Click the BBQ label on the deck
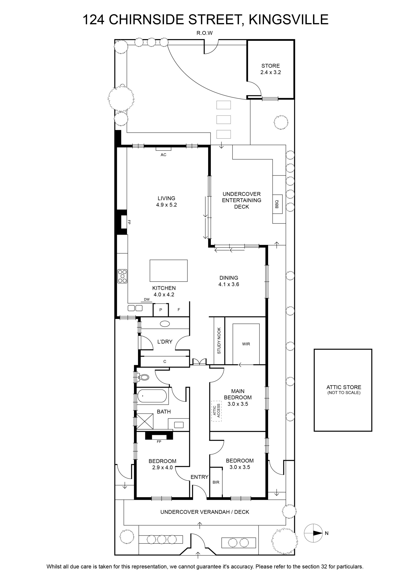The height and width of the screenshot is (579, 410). [277, 204]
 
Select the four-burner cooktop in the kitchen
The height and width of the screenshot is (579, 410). [122, 276]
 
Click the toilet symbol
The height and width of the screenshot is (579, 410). [143, 377]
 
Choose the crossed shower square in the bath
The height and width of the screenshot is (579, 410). [145, 421]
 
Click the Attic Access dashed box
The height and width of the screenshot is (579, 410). [216, 411]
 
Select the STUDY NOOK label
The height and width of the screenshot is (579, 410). [219, 340]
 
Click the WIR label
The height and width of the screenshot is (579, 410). [246, 344]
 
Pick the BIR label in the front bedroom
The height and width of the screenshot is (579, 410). [216, 482]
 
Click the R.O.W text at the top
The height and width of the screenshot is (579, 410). [204, 33]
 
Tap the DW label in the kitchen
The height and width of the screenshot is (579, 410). [147, 300]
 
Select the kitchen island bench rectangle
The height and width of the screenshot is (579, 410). [169, 271]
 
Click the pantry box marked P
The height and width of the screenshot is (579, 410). [161, 310]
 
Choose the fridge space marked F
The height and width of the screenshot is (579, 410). [179, 310]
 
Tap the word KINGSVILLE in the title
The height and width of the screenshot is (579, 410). [289, 20]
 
